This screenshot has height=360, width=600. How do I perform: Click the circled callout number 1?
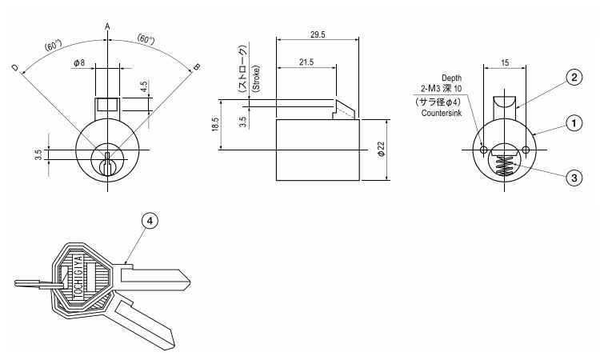pyautogui.click(x=574, y=123)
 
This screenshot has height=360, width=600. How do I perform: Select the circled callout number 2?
pyautogui.click(x=574, y=78)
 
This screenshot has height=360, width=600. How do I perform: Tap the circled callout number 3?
pyautogui.click(x=574, y=178)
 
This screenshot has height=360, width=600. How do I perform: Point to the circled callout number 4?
pyautogui.click(x=150, y=221)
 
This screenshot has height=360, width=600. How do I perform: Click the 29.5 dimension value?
pyautogui.click(x=318, y=35)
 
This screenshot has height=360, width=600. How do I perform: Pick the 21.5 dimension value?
pyautogui.click(x=306, y=62)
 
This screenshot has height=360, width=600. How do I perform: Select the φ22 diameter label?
pyautogui.click(x=381, y=149)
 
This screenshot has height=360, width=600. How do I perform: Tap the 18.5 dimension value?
pyautogui.click(x=214, y=124)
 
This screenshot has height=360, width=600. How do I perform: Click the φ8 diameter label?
pyautogui.click(x=79, y=62)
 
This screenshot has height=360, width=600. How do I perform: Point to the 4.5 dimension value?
pyautogui.click(x=144, y=87)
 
